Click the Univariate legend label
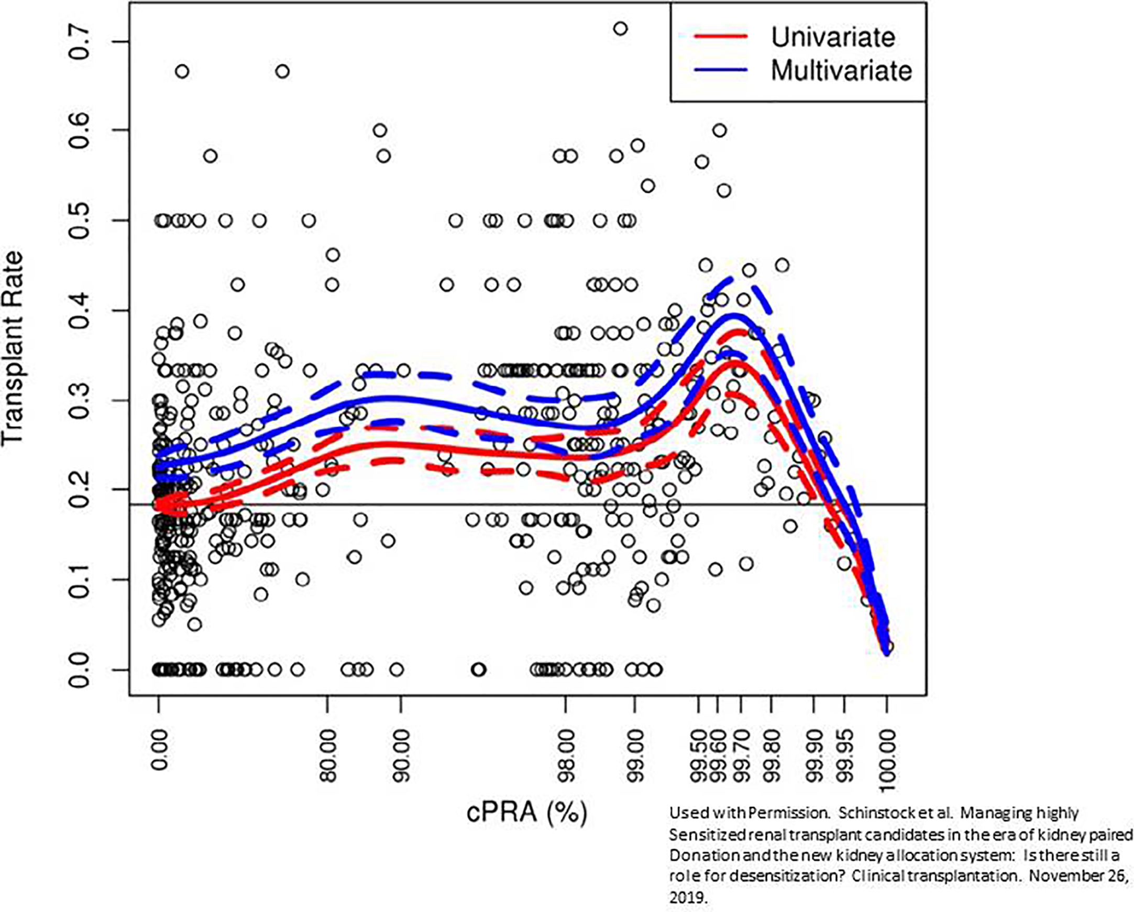[833, 37]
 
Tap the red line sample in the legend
[720, 36]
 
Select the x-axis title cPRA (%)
[526, 812]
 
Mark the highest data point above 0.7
[621, 28]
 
